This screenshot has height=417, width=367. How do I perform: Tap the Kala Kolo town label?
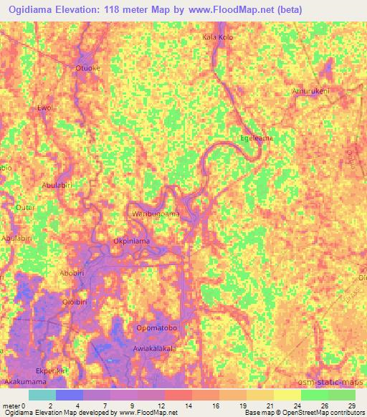point(218,37)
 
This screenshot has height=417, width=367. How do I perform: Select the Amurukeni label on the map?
point(310,92)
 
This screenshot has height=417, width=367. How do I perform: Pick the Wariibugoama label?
point(156,214)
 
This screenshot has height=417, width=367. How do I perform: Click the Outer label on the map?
point(26,208)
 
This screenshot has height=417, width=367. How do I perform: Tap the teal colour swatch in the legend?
point(42,395)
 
